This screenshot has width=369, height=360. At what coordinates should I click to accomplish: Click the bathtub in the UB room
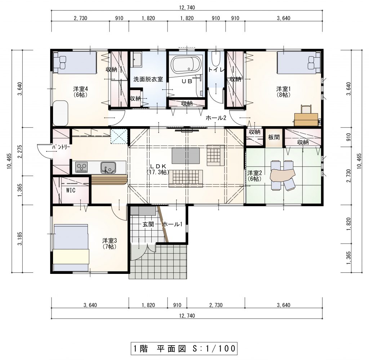tap(186, 64)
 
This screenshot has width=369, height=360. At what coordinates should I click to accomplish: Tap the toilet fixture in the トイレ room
tap(216, 59)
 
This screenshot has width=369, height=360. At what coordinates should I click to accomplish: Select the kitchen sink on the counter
tap(108, 168)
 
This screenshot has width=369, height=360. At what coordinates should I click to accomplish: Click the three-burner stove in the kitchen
tap(81, 167)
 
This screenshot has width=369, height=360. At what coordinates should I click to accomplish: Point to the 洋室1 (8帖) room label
tap(284, 92)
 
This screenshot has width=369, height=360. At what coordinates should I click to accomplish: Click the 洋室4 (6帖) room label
tap(80, 92)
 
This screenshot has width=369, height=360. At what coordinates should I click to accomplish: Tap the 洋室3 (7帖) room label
tap(110, 244)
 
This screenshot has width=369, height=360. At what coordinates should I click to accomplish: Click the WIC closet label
tap(71, 190)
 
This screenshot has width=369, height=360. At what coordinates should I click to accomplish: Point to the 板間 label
tap(274, 137)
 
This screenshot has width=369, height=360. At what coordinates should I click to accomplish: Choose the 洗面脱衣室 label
tap(148, 79)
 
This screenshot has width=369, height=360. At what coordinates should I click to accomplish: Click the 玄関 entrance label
tap(148, 224)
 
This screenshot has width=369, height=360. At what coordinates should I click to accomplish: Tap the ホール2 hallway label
tap(216, 117)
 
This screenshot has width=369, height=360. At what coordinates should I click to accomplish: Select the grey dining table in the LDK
tap(186, 156)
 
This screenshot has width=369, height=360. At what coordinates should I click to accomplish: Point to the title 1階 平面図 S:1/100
tap(184, 348)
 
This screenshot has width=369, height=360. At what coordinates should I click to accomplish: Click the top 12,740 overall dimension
tap(187, 8)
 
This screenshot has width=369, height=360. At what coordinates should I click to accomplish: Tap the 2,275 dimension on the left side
tap(20, 152)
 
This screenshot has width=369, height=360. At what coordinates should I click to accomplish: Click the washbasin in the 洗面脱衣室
tap(137, 59)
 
